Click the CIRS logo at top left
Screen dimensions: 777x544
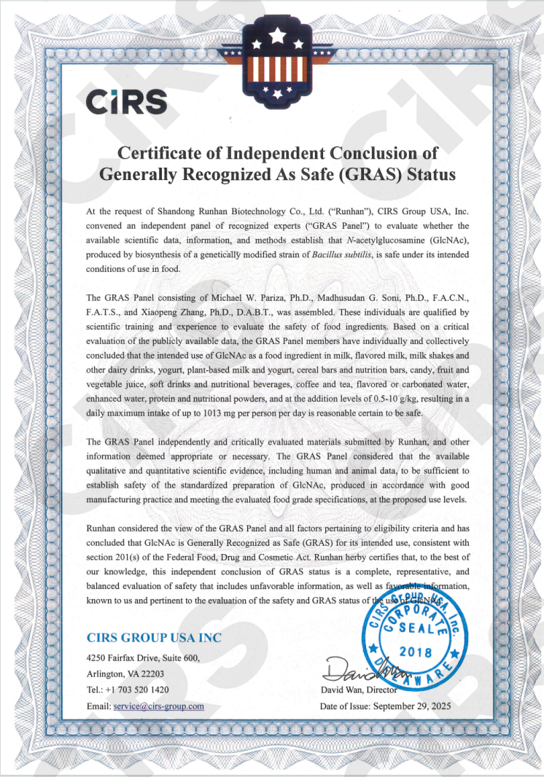coord(126,102)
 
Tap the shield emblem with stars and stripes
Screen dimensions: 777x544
coord(276,60)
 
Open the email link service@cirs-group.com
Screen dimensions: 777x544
coord(158,706)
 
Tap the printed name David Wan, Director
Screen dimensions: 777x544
coord(358,690)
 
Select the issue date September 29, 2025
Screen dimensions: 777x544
coord(413,706)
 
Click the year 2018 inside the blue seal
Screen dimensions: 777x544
coord(416,651)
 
